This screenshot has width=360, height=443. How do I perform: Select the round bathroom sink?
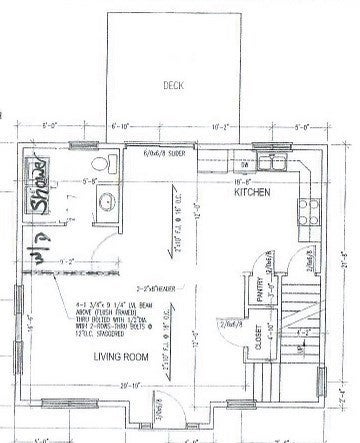click(x=106, y=203)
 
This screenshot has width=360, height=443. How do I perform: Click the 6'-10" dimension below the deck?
click(x=123, y=127)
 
